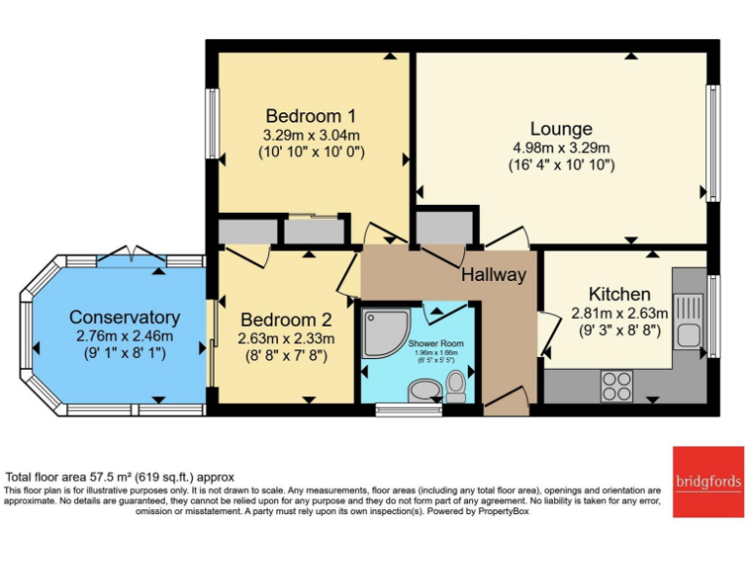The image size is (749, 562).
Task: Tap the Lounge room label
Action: (561, 128)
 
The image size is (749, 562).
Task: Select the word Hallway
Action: (493, 274)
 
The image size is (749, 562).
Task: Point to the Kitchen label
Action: (619, 294)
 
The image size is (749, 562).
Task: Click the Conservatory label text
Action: (124, 317)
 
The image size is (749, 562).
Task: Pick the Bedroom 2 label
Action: (287, 319)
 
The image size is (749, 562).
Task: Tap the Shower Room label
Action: (436, 343)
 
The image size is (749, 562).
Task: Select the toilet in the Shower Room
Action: (455, 387)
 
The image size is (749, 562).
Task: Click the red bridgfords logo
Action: (706, 480)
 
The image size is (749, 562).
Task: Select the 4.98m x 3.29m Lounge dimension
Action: (561, 147)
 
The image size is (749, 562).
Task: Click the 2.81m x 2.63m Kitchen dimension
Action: (619, 313)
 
